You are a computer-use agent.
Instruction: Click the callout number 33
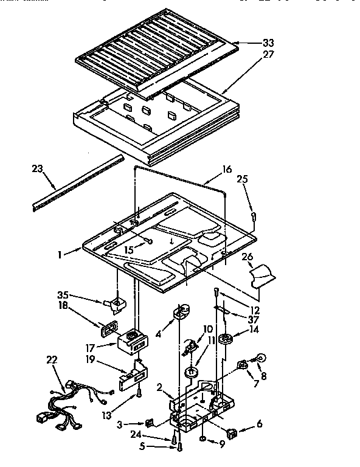tap(268, 43)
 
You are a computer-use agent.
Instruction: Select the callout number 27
tap(268, 55)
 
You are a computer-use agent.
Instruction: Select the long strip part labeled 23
tap(76, 182)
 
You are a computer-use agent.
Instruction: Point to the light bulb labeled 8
tap(260, 359)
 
